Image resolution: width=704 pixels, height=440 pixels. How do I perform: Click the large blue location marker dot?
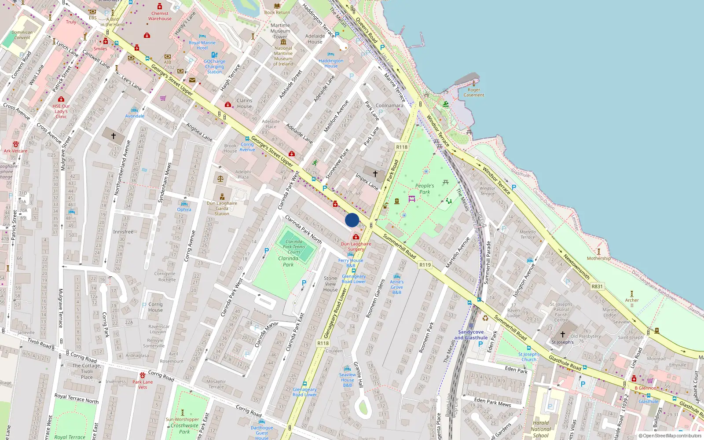pyautogui.click(x=352, y=220)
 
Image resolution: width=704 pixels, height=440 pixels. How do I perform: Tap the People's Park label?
pyautogui.click(x=425, y=189)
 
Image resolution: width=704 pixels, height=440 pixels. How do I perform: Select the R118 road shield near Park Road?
pyautogui.click(x=402, y=147)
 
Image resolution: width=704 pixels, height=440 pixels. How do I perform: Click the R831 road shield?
pyautogui.click(x=597, y=286)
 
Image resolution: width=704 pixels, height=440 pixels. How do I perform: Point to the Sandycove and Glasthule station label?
pyautogui.click(x=471, y=335)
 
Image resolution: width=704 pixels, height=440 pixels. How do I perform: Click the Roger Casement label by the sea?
pyautogui.click(x=474, y=92)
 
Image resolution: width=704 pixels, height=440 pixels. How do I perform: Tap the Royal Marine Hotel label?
pyautogui.click(x=202, y=45)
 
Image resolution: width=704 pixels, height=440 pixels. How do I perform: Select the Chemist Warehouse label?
pyautogui.click(x=160, y=16)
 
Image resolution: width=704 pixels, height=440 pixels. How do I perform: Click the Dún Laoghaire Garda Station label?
pyautogui.click(x=222, y=209)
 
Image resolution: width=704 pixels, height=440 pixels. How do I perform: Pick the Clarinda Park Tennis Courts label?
pyautogui.click(x=294, y=247)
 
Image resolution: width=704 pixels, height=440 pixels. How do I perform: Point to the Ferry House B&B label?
pyautogui.click(x=351, y=263)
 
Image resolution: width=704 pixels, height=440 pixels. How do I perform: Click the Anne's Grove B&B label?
pyautogui.click(x=396, y=287)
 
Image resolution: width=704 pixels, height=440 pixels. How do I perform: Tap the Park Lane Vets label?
pyautogui.click(x=143, y=385)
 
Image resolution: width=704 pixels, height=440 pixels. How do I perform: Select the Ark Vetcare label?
pyautogui.click(x=16, y=151)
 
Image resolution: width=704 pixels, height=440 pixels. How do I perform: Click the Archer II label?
pyautogui.click(x=632, y=303)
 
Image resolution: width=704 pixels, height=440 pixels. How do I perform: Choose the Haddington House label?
pyautogui.click(x=331, y=63)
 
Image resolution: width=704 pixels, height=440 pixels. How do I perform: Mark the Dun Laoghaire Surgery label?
pyautogui.click(x=356, y=246)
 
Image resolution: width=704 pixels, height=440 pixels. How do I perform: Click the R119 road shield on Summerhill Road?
pyautogui.click(x=425, y=265)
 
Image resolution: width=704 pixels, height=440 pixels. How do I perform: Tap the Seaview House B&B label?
pyautogui.click(x=348, y=380)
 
